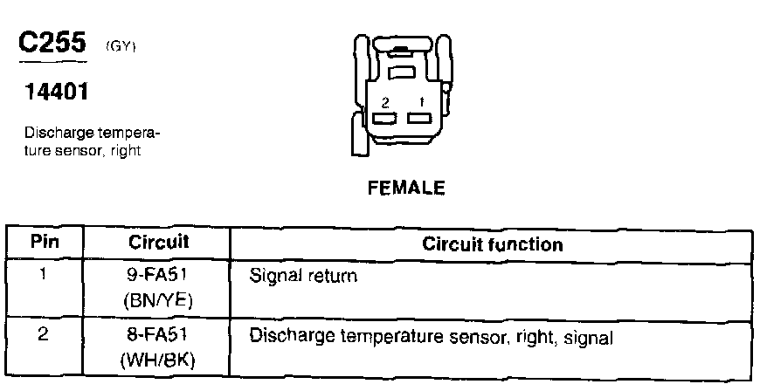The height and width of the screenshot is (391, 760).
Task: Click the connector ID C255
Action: coord(52,44)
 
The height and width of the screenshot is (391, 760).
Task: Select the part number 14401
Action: coord(49,91)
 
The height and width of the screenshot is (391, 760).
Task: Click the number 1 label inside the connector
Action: coord(421,102)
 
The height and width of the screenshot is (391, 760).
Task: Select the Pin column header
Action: coord(45,242)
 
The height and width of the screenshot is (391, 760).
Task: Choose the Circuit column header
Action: coord(159,242)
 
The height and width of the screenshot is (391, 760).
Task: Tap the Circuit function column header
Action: coord(493,244)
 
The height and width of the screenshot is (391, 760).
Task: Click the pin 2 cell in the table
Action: coord(45,334)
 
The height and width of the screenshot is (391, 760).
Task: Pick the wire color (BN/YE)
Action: coord(159,299)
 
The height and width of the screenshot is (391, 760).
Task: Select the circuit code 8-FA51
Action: coord(159,335)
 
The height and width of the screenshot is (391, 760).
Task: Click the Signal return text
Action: coord(303,277)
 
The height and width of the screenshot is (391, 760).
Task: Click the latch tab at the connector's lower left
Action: coord(356,137)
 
